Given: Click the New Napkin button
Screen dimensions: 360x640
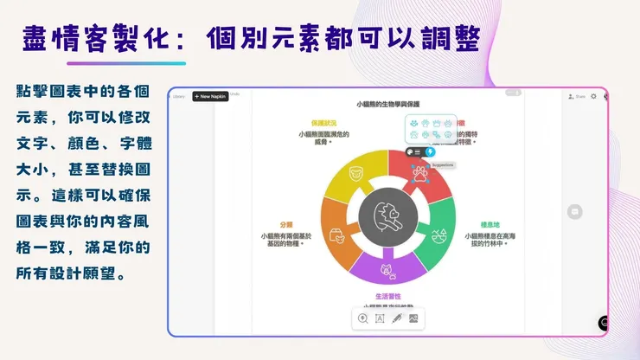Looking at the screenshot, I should coord(210,96).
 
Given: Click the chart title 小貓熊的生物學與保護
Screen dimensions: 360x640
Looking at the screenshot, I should coord(388,104).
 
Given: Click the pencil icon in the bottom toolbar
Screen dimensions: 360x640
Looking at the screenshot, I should coord(396,318).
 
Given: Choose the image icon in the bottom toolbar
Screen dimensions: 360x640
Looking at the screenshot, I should coord(413,318).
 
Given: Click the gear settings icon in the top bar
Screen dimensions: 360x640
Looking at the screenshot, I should coord(593,96).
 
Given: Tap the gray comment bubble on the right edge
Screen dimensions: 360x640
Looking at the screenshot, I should coord(575,212).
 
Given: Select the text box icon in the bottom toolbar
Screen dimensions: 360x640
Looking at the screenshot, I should coord(380,318).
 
